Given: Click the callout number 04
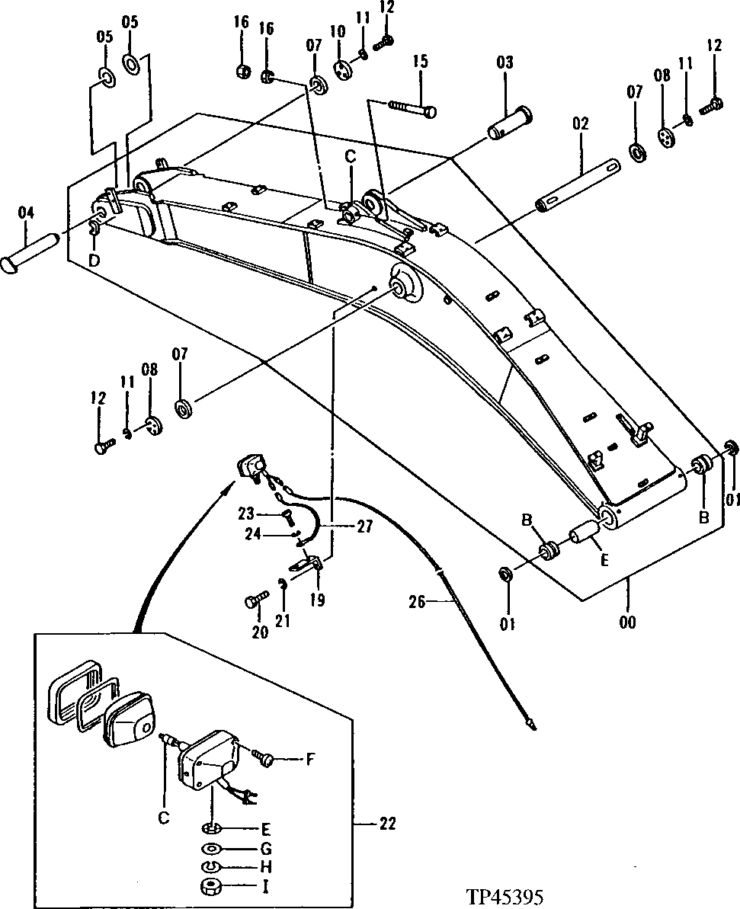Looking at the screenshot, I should tap(26, 214).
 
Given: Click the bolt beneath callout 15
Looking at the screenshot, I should tap(412, 107).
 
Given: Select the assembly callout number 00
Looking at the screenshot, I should tap(629, 622).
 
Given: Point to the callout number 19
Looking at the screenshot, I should tap(317, 601).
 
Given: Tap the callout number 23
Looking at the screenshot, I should tap(245, 513).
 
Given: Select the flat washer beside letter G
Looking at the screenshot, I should tap(213, 848).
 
